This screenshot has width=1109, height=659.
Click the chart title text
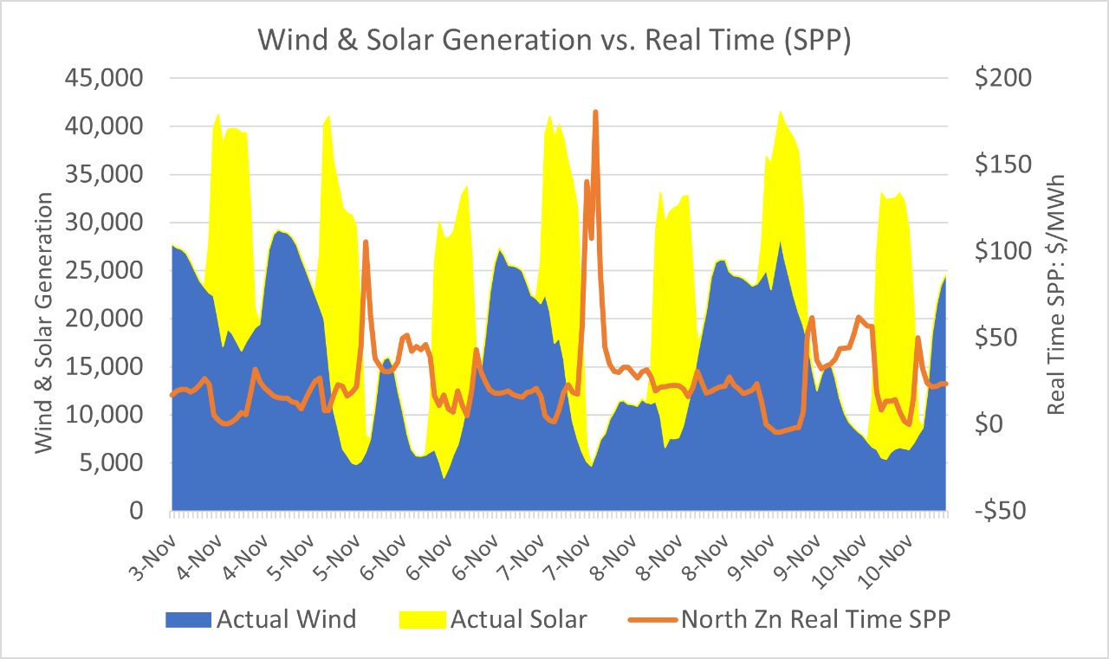point(554,41)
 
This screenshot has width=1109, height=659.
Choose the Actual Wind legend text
point(287,619)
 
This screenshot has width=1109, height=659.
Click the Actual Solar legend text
point(518,619)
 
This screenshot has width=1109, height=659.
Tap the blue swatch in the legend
point(190,619)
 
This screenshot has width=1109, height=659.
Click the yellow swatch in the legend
point(422,619)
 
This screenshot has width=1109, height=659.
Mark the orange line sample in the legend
point(651,619)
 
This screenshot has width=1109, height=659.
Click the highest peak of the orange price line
point(595,112)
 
